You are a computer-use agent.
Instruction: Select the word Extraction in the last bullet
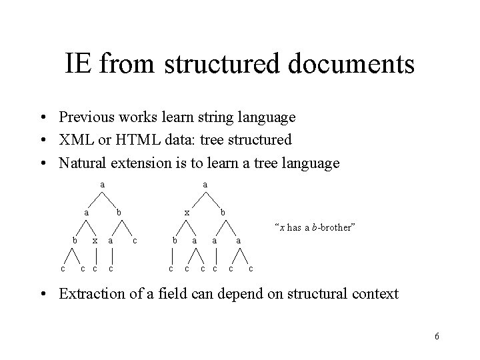click(91, 293)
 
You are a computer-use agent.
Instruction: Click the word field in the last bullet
click(181, 293)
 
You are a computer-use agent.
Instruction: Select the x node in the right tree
click(187, 212)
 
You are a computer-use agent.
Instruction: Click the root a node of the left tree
click(102, 183)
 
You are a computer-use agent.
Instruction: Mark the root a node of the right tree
click(205, 183)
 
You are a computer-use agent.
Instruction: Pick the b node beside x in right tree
click(223, 212)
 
